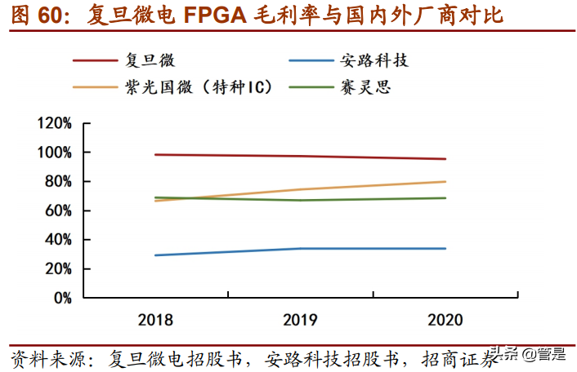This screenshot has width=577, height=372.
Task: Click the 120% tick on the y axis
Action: pyautogui.click(x=55, y=124)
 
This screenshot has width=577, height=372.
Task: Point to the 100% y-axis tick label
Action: pyautogui.click(x=55, y=153)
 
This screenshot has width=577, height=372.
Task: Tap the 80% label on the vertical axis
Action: pyautogui.click(x=58, y=182)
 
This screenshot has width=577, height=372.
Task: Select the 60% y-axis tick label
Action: pyautogui.click(x=58, y=210)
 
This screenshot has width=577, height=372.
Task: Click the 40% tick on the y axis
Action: pyautogui.click(x=58, y=240)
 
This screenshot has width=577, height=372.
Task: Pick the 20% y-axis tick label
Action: pyautogui.click(x=58, y=268)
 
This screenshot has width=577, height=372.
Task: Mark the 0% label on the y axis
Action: pyautogui.click(x=62, y=298)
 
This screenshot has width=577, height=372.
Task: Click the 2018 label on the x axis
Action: pyautogui.click(x=155, y=320)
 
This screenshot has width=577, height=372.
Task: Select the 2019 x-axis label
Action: pyautogui.click(x=300, y=320)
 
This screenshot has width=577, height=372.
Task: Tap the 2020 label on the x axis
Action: pyautogui.click(x=445, y=320)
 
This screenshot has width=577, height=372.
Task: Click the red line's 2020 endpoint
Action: pyautogui.click(x=445, y=159)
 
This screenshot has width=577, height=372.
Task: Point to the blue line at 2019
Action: pyautogui.click(x=300, y=248)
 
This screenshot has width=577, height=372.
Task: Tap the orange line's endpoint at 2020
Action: pyautogui.click(x=445, y=182)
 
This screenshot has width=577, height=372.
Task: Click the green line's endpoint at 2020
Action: pyautogui.click(x=445, y=198)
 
